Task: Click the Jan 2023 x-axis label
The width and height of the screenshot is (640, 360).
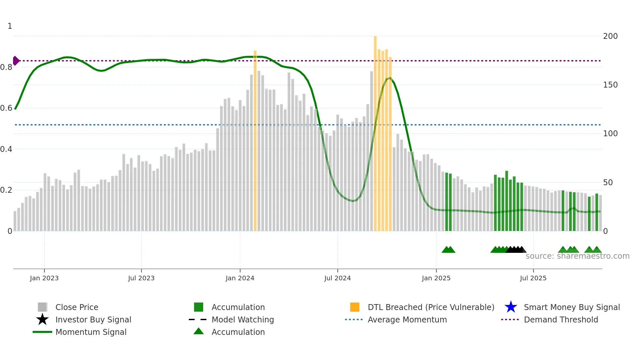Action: pyautogui.click(x=44, y=278)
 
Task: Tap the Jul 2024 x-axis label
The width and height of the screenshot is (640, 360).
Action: pyautogui.click(x=337, y=278)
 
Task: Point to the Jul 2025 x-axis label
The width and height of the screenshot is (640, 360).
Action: pyautogui.click(x=533, y=278)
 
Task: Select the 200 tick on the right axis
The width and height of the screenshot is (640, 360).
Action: pyautogui.click(x=610, y=36)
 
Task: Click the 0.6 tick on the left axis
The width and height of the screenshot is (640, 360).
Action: pyautogui.click(x=7, y=108)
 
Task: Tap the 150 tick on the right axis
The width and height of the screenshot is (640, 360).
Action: pyautogui.click(x=610, y=85)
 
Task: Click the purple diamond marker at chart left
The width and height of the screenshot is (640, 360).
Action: pyautogui.click(x=16, y=61)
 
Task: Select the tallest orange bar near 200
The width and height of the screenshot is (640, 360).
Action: pyautogui.click(x=375, y=131)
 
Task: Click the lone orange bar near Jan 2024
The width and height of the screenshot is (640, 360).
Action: pyautogui.click(x=255, y=140)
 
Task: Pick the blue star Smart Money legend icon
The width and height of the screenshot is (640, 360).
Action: pyautogui.click(x=511, y=307)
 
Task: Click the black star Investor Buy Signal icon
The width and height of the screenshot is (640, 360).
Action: pyautogui.click(x=42, y=319)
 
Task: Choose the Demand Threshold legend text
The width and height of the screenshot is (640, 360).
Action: pyautogui.click(x=561, y=319)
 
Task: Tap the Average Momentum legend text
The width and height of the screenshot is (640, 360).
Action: pyautogui.click(x=407, y=319)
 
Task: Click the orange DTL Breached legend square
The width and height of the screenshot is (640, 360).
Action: pyautogui.click(x=355, y=307)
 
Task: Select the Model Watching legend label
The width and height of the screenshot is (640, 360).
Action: pyautogui.click(x=243, y=319)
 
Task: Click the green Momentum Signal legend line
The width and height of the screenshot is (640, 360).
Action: pyautogui.click(x=42, y=332)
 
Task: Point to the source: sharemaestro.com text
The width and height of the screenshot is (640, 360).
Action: pyautogui.click(x=577, y=256)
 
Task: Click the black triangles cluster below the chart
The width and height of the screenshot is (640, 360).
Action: pyautogui.click(x=516, y=250)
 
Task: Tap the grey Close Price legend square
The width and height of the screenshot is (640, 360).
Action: pyautogui.click(x=42, y=307)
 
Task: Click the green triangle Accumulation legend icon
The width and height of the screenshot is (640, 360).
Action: pyautogui.click(x=199, y=331)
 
